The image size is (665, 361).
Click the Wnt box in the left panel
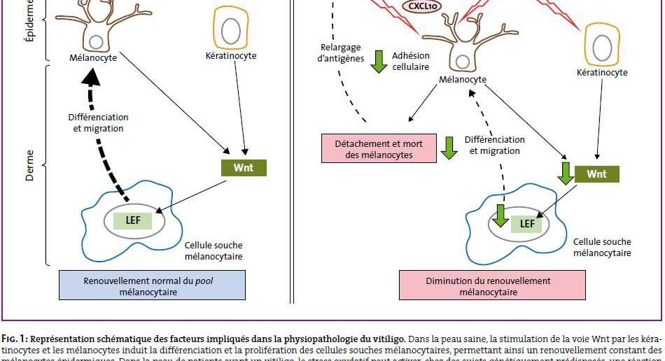[244, 168]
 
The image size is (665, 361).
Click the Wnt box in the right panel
[596, 174]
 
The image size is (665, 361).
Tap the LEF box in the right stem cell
[527, 224]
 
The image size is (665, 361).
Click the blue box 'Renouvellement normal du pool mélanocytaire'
[152, 285]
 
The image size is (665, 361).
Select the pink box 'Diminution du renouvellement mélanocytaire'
[492, 285]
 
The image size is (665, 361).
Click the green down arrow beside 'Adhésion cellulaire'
[379, 62]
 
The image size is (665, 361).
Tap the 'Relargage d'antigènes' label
[340, 53]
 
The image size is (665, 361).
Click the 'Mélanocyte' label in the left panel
[93, 58]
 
